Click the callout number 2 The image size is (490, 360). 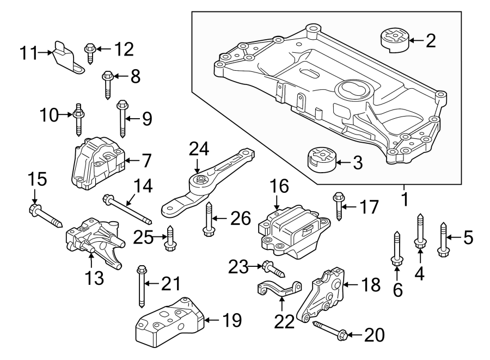(x=431, y=41)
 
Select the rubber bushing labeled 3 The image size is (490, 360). (x=321, y=159)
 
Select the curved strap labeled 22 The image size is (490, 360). (x=279, y=288)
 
